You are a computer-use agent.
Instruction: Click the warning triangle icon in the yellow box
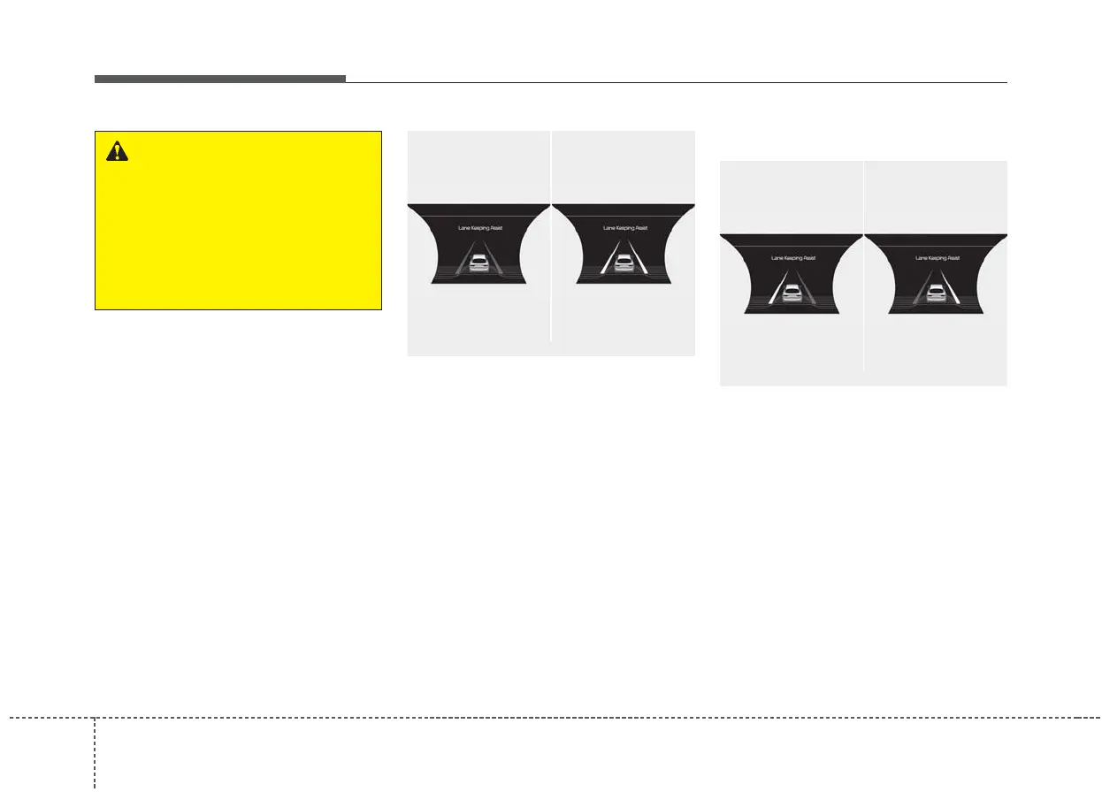pos(117,151)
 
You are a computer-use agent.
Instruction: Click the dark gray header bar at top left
pos(219,79)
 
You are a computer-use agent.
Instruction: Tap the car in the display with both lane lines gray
pos(478,263)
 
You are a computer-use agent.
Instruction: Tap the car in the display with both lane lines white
pos(623,263)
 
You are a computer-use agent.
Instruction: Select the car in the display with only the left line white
pos(792,294)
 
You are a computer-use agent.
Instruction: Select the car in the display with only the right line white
pos(936,294)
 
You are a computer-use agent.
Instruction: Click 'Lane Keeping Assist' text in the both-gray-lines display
pos(478,228)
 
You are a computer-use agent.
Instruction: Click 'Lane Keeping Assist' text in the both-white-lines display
pos(623,228)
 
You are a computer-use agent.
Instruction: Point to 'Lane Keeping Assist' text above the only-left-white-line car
pos(792,258)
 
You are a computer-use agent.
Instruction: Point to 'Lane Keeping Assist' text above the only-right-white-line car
pos(936,258)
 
